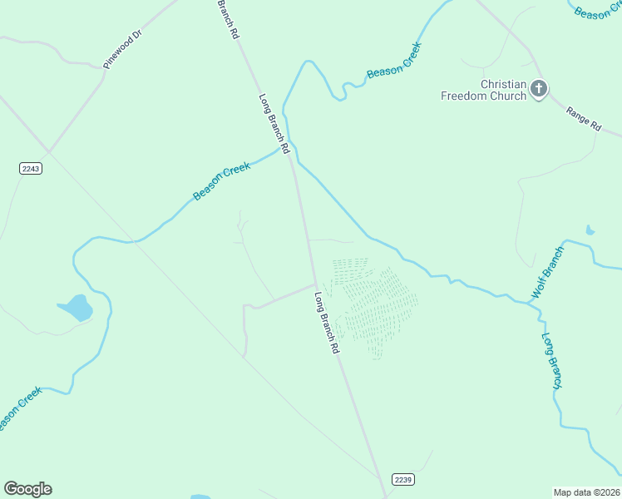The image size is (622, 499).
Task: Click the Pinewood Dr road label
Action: (123, 49)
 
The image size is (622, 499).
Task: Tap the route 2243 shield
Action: (30, 168)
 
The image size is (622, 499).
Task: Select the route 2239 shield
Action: (402, 480)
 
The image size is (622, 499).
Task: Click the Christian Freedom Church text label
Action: (483, 90)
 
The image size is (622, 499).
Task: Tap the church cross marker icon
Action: (539, 89)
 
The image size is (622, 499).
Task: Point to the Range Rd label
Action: (583, 119)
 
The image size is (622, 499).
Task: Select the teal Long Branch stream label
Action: (553, 361)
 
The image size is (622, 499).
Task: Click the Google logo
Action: (27, 489)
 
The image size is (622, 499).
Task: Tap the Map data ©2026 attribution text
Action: (586, 492)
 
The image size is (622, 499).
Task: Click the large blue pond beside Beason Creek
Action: (76, 308)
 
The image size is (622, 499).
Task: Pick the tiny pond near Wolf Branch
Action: (590, 230)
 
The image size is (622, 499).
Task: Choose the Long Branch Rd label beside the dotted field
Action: (327, 324)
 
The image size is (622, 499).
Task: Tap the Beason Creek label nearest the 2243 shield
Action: (221, 181)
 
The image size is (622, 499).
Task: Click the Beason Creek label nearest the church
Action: (394, 61)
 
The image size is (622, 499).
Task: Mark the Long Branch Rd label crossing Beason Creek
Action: (274, 123)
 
